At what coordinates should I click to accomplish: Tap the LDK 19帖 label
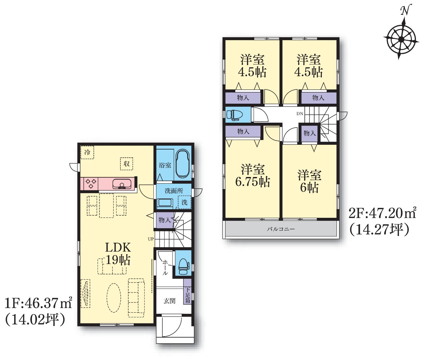click(118, 253)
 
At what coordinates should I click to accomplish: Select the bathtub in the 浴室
click(183, 164)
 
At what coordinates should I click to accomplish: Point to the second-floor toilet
click(235, 115)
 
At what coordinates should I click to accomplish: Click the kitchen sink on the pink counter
click(122, 184)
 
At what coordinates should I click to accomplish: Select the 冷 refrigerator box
click(87, 152)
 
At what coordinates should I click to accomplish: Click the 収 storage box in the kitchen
click(126, 164)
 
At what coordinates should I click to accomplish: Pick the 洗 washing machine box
click(184, 202)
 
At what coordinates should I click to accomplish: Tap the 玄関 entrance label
click(170, 301)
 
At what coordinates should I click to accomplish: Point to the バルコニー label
click(281, 229)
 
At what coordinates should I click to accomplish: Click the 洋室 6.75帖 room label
click(253, 175)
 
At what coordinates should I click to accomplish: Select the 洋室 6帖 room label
click(310, 181)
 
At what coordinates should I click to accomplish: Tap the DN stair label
click(300, 114)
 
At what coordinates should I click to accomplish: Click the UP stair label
click(151, 239)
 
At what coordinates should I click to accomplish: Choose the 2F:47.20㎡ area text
click(382, 214)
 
